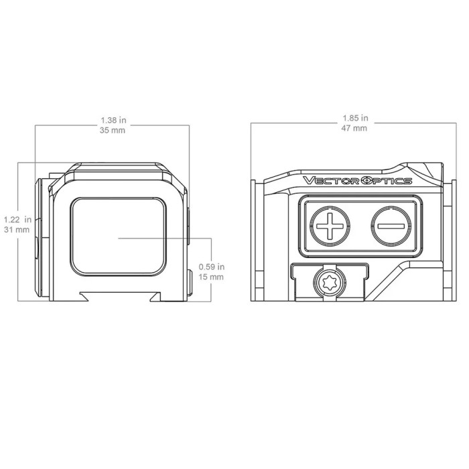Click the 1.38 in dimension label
click(113, 120)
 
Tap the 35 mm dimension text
click(113, 131)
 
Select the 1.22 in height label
click(17, 220)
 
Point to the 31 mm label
click(17, 230)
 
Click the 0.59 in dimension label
click(212, 267)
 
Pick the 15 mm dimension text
click(211, 277)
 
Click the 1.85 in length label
click(355, 118)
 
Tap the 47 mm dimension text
click(354, 129)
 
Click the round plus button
click(330, 226)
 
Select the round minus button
click(391, 226)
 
